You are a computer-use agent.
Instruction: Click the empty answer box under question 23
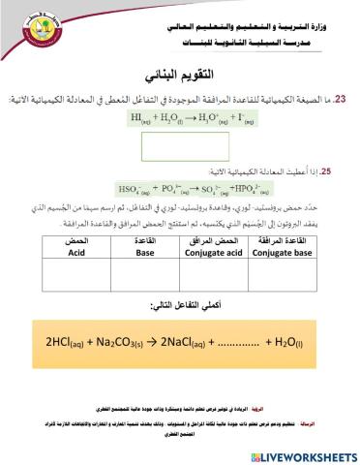click(x=180, y=146)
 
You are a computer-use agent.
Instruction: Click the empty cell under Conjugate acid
click(x=222, y=275)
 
